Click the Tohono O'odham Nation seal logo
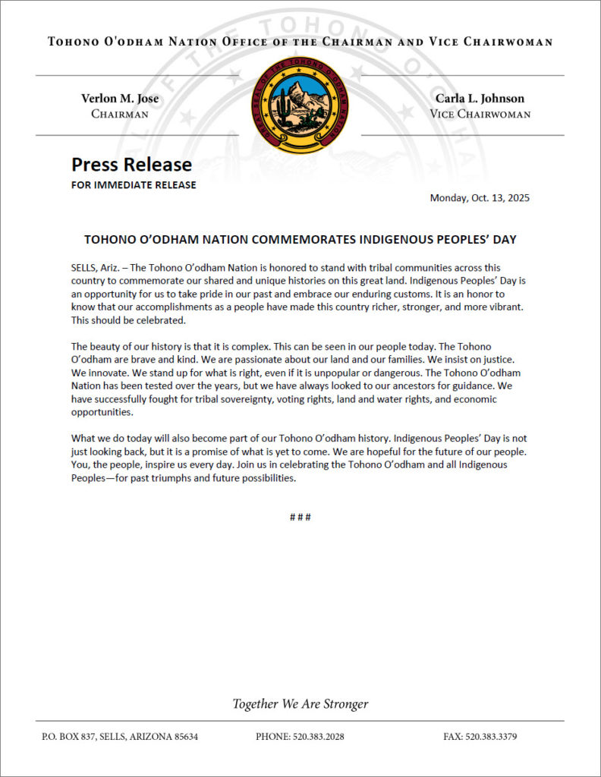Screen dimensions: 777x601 coord(300,105)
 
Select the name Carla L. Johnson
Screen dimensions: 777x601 coord(480,99)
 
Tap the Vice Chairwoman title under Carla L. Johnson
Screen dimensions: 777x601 coord(480,115)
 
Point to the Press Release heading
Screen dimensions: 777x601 coord(131,165)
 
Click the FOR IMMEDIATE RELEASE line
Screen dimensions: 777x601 coord(134,185)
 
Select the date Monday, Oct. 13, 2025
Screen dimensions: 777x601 coord(480,199)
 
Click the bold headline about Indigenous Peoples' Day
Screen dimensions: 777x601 coord(300,240)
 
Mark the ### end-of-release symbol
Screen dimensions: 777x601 coord(300,517)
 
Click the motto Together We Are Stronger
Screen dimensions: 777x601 coord(300,704)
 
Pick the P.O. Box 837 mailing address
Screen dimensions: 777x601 coord(120,737)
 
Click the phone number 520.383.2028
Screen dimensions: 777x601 coord(300,737)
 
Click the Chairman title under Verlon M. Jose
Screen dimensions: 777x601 coord(120,115)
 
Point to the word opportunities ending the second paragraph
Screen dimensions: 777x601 coord(102,413)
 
